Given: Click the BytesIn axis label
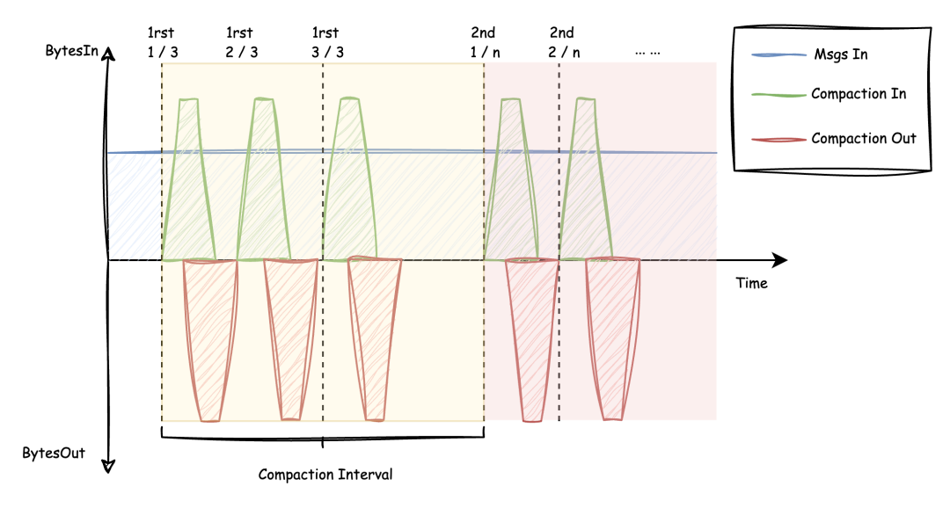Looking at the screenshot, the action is pyautogui.click(x=71, y=51).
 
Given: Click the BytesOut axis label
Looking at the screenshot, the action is pyautogui.click(x=54, y=453).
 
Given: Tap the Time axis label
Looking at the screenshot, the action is pyautogui.click(x=751, y=283).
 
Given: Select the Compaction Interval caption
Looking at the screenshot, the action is pyautogui.click(x=325, y=475).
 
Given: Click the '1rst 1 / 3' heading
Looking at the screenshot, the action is pyautogui.click(x=163, y=42).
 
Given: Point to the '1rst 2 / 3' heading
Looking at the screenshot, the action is pyautogui.click(x=241, y=42).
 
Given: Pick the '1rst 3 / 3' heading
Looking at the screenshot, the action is pyautogui.click(x=327, y=42).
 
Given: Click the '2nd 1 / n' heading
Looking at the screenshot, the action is pyautogui.click(x=485, y=42).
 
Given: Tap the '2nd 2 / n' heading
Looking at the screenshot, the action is pyautogui.click(x=564, y=42).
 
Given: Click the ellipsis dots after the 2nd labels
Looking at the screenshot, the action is pyautogui.click(x=647, y=54).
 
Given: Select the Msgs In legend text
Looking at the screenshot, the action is pyautogui.click(x=840, y=54).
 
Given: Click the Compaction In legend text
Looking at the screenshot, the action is pyautogui.click(x=859, y=94).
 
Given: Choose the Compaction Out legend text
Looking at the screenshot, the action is pyautogui.click(x=864, y=139).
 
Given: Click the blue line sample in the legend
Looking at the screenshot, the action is pyautogui.click(x=778, y=55).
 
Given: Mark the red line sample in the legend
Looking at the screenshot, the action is pyautogui.click(x=778, y=140).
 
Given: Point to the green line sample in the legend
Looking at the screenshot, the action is pyautogui.click(x=778, y=95).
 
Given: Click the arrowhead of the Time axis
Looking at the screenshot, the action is pyautogui.click(x=780, y=260).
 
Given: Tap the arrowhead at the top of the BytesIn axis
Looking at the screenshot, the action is pyautogui.click(x=108, y=54).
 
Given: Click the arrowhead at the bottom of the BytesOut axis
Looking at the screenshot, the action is pyautogui.click(x=108, y=467).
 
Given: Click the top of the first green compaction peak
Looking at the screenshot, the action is pyautogui.click(x=188, y=100).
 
